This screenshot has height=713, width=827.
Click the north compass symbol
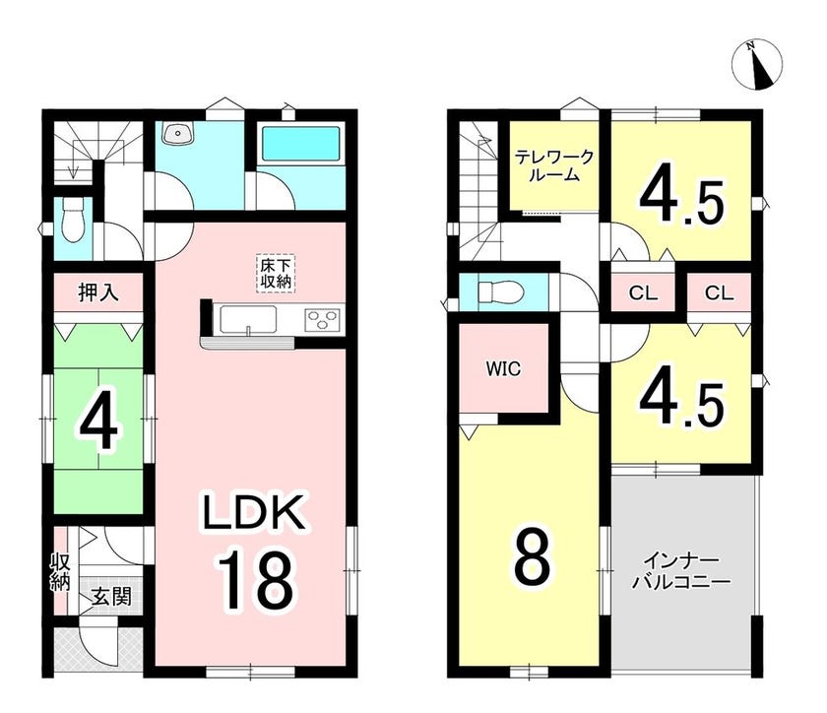coord(757,64)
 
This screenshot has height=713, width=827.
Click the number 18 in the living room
coord(254,579)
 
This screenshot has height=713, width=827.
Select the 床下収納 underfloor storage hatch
coord(276,274)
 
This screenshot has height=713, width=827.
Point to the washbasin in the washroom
coord(177,133)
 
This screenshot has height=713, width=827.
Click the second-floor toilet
coord(498,292)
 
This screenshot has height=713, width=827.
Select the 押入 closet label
coord(98,292)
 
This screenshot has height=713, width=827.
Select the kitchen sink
coord(248,320)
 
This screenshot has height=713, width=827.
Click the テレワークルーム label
coord(554,165)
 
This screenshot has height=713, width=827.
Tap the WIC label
coord(503,369)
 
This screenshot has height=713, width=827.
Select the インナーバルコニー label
coord(681,570)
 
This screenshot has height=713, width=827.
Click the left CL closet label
coord(643,292)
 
